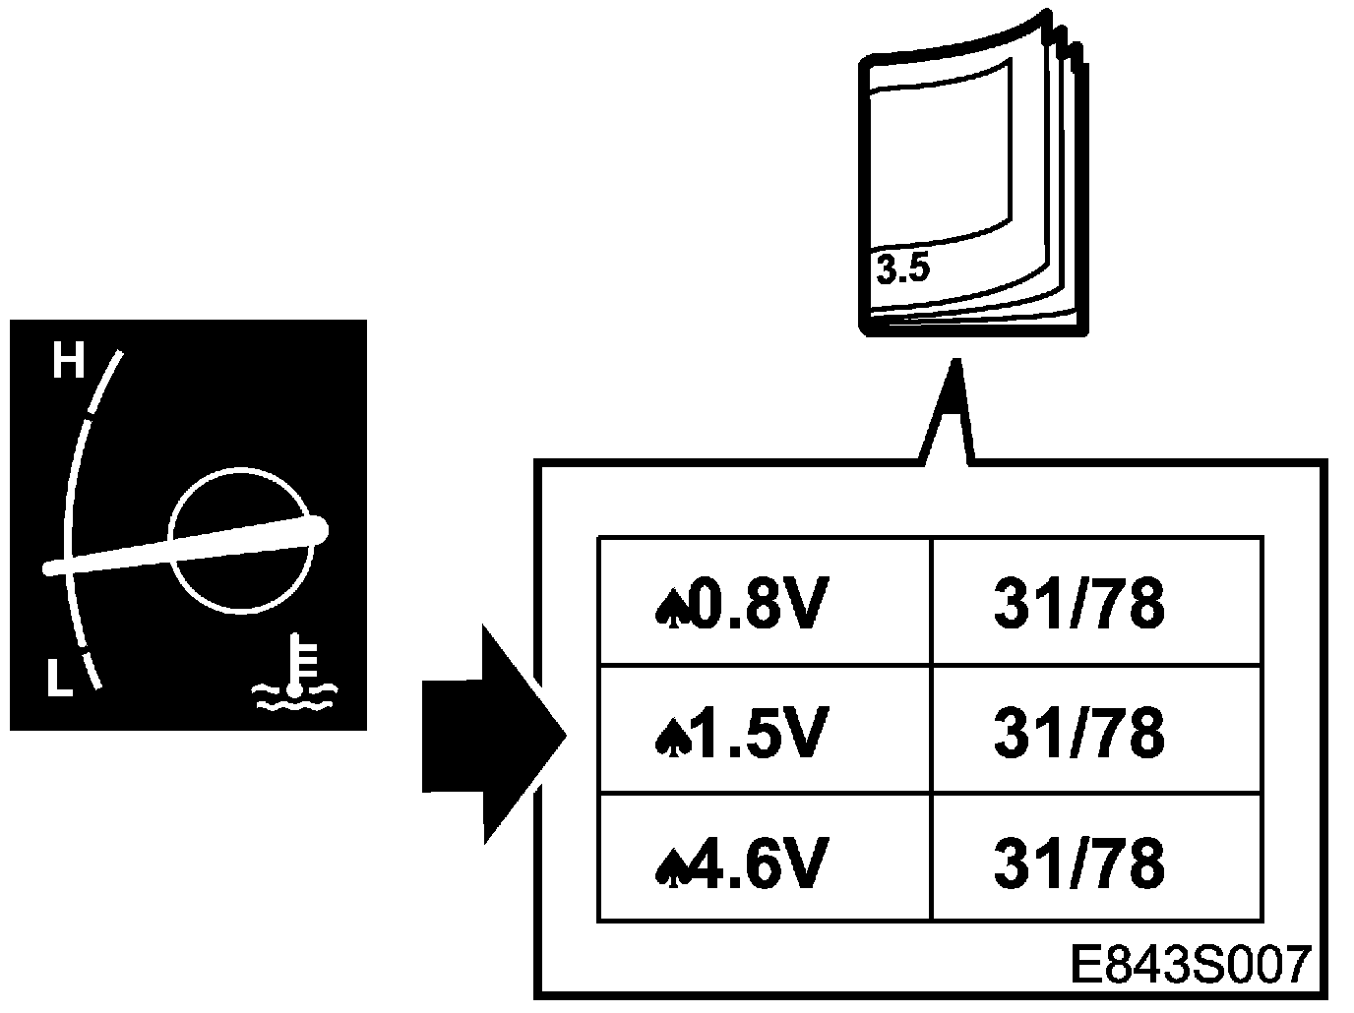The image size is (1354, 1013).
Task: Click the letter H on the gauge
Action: (x=68, y=361)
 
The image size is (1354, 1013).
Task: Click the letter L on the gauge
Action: (x=61, y=679)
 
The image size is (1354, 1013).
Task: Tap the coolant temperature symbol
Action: (x=293, y=673)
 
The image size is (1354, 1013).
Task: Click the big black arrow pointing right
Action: (x=492, y=734)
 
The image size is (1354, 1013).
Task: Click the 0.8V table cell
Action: (x=764, y=602)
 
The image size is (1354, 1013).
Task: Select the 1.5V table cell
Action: (x=764, y=731)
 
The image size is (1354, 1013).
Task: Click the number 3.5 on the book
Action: (x=902, y=268)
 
